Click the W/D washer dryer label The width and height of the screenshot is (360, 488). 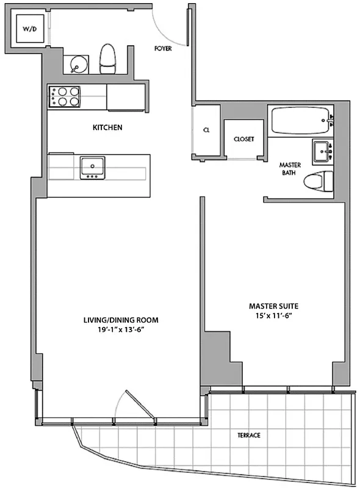[x=29, y=29]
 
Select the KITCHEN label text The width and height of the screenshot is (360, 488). [x=108, y=128]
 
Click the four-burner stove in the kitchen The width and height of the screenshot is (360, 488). [x=65, y=97]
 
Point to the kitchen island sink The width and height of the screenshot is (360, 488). [x=93, y=167]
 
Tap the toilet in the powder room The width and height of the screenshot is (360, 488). [x=108, y=57]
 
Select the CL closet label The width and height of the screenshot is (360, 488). [x=206, y=130]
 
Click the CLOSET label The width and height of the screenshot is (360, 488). [x=243, y=139]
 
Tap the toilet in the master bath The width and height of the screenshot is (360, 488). [x=320, y=181]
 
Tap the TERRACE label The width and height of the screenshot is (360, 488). [x=249, y=435]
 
